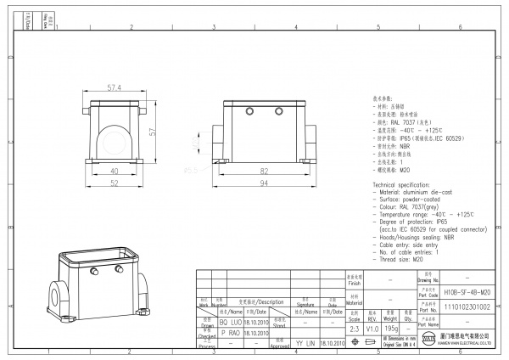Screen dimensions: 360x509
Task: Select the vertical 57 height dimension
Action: (x=154, y=132)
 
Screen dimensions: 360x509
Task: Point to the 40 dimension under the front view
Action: (x=114, y=172)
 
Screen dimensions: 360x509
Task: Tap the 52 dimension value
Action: (x=114, y=183)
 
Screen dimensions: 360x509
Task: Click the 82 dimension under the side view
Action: (x=265, y=172)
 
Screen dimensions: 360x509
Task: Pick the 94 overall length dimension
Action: (x=265, y=183)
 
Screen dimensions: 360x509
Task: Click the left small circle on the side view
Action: (x=249, y=111)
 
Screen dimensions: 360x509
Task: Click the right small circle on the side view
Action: (x=279, y=111)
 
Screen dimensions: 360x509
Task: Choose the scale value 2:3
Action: (x=354, y=328)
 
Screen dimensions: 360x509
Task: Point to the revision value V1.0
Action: (x=372, y=328)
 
